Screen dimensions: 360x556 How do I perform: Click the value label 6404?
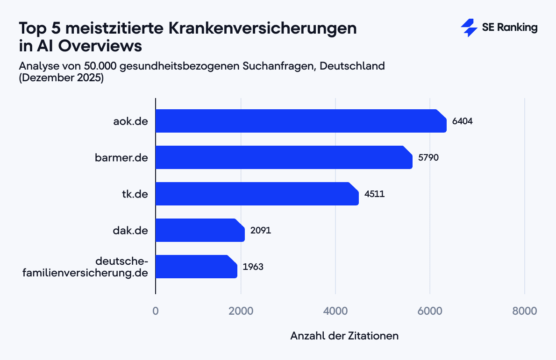[463, 121]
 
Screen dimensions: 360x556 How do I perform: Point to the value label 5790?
[428, 158]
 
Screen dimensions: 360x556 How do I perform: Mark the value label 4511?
[375, 194]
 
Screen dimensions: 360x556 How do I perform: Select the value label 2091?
[261, 231]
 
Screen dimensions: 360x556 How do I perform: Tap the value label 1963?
[253, 267]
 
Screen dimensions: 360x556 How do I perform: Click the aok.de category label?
[130, 121]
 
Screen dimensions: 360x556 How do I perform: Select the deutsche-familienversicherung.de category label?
[86, 267]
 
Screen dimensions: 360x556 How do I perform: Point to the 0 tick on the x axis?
[156, 311]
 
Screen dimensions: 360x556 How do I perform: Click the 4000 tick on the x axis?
[335, 311]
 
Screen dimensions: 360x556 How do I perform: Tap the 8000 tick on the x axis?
[525, 311]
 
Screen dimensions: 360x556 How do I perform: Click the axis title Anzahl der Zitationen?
[344, 336]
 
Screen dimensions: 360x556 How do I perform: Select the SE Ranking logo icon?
[469, 28]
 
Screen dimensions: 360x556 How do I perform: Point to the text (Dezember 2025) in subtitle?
[61, 78]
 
